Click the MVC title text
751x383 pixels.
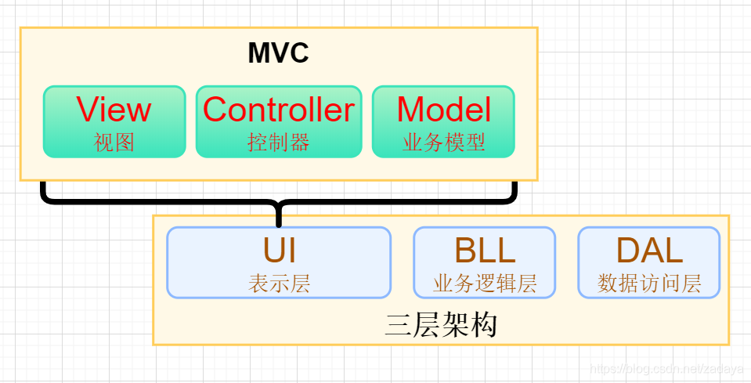click(x=278, y=53)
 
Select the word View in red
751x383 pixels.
click(x=114, y=110)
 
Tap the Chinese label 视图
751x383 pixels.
click(x=114, y=142)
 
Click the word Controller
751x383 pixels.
click(x=278, y=110)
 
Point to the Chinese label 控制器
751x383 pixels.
click(x=278, y=142)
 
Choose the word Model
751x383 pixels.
click(x=443, y=110)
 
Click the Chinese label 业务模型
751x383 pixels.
click(x=443, y=142)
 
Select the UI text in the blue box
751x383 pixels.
click(x=279, y=251)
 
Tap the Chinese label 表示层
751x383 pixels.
click(x=279, y=283)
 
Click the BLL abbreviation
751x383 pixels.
click(x=484, y=251)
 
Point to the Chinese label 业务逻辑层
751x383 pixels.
click(x=484, y=283)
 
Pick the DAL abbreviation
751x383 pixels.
click(x=648, y=251)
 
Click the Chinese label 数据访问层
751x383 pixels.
click(x=648, y=283)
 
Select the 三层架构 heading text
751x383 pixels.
click(x=441, y=324)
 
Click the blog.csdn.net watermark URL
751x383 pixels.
click(x=666, y=368)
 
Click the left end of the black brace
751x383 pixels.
click(x=44, y=186)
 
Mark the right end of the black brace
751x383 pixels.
click(x=515, y=186)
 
